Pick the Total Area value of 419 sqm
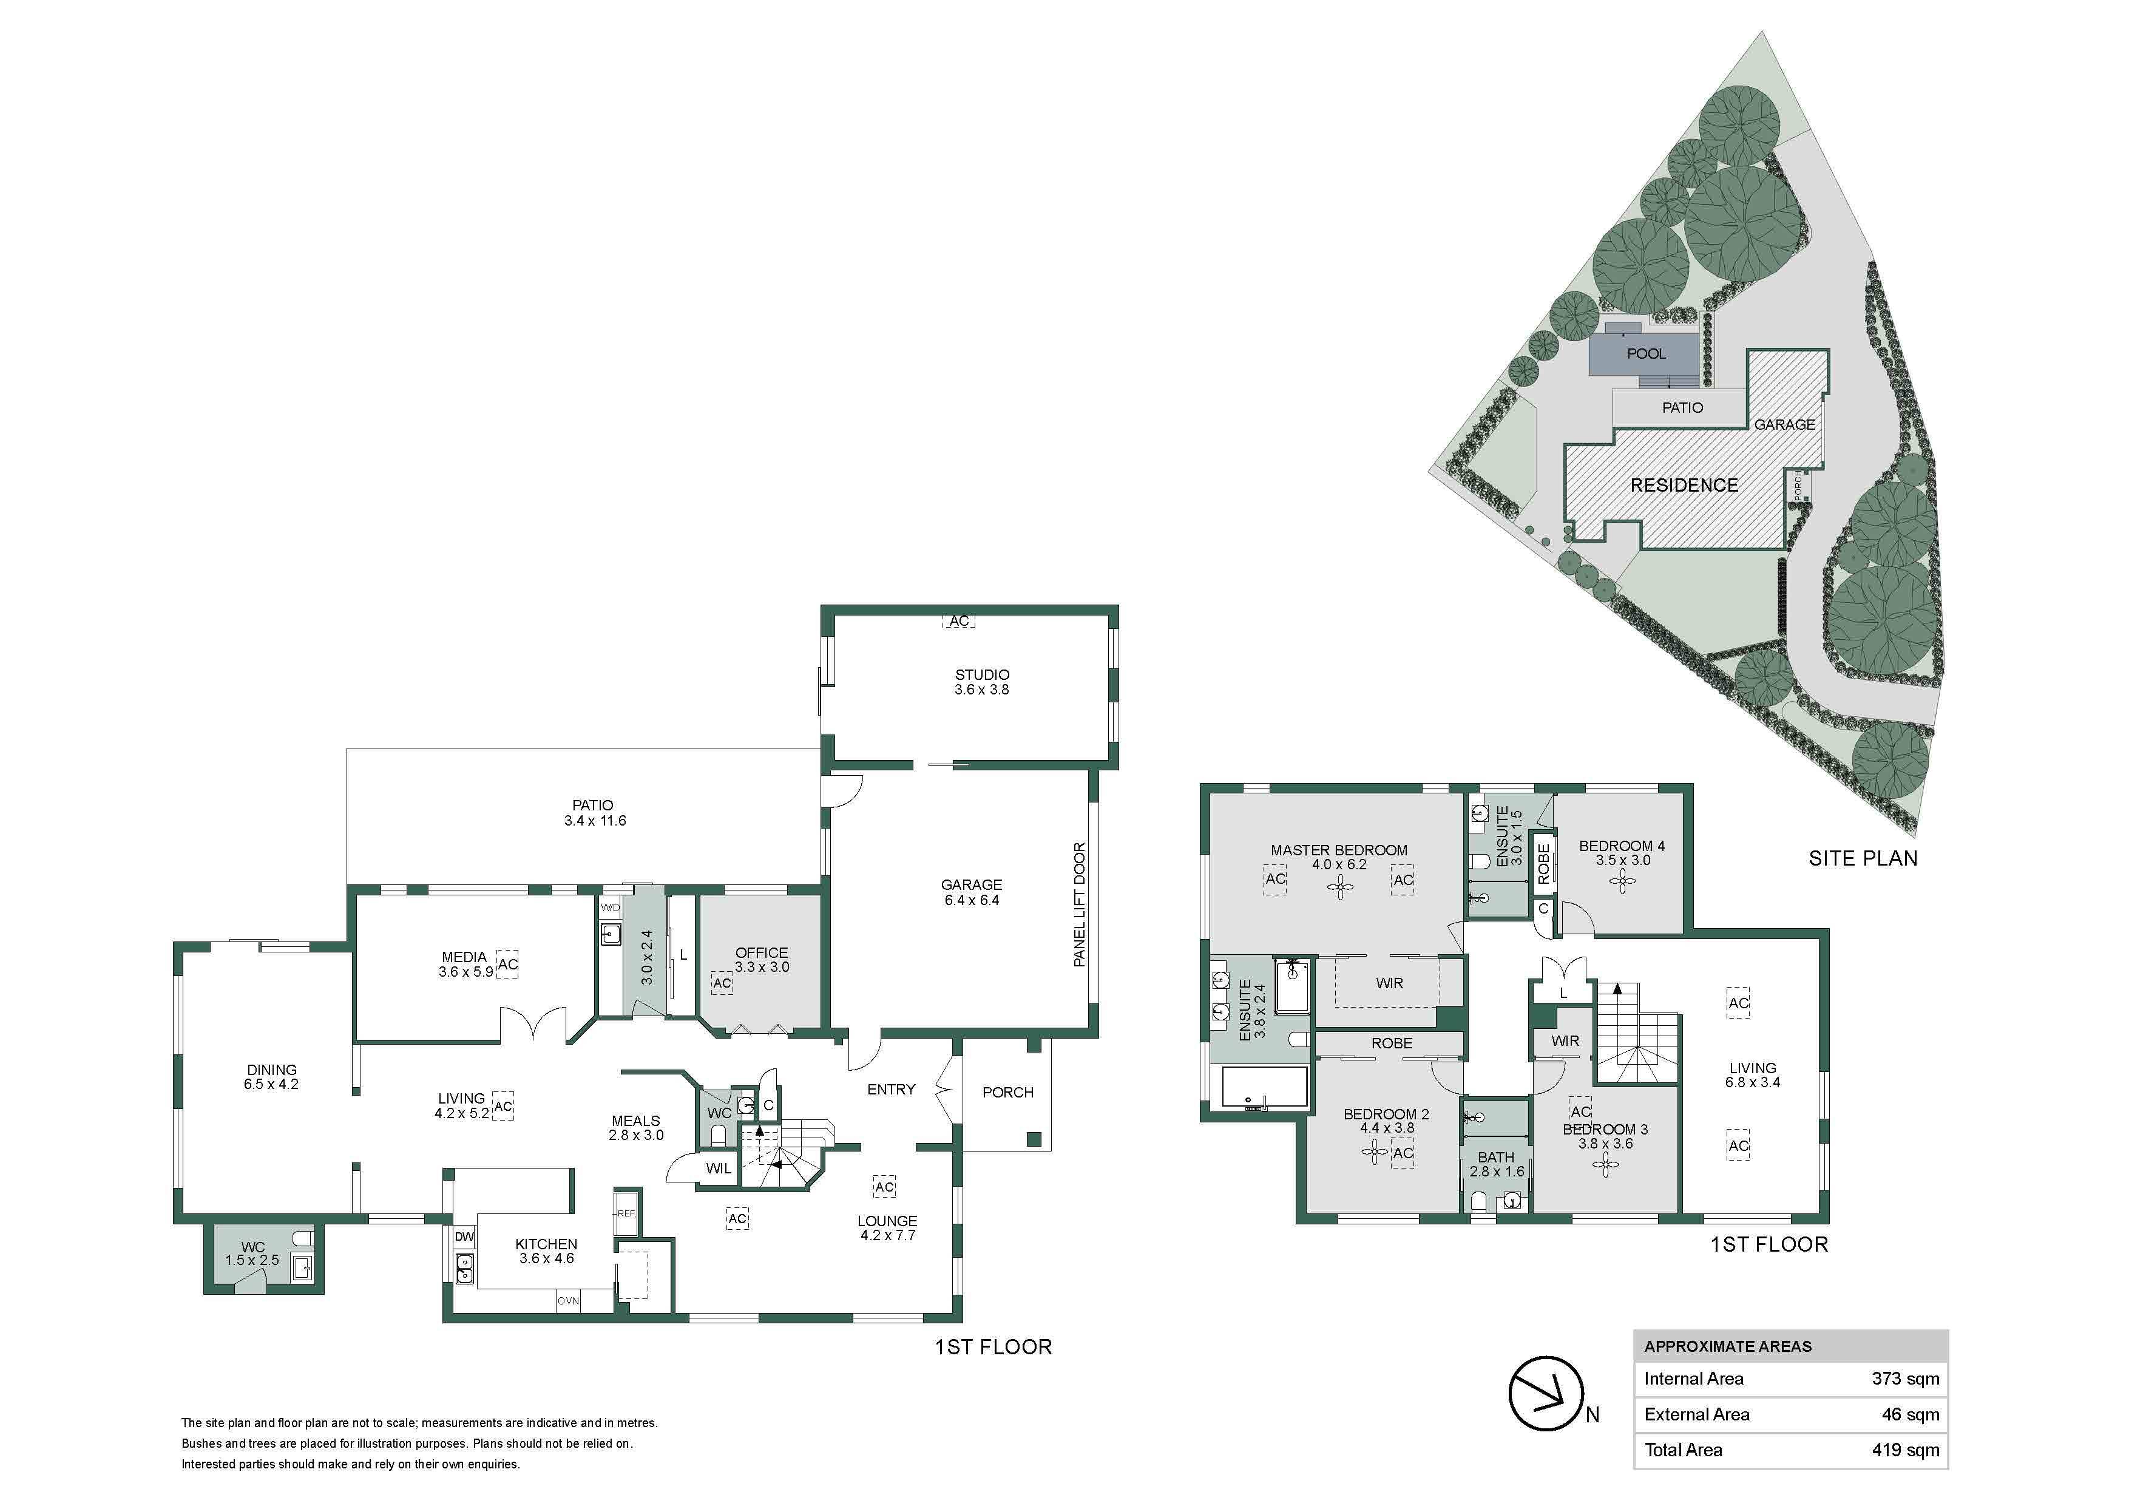click(1906, 1450)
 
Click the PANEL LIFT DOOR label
click(1079, 904)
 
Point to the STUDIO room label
click(982, 674)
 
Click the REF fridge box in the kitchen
click(626, 1213)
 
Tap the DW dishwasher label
click(464, 1237)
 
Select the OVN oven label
click(569, 1301)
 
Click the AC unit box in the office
click(722, 983)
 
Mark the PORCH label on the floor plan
click(1008, 1093)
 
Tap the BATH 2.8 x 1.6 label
click(1497, 1165)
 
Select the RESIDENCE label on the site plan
click(1684, 485)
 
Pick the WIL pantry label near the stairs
click(719, 1169)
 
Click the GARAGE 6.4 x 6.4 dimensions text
click(971, 900)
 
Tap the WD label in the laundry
click(610, 908)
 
